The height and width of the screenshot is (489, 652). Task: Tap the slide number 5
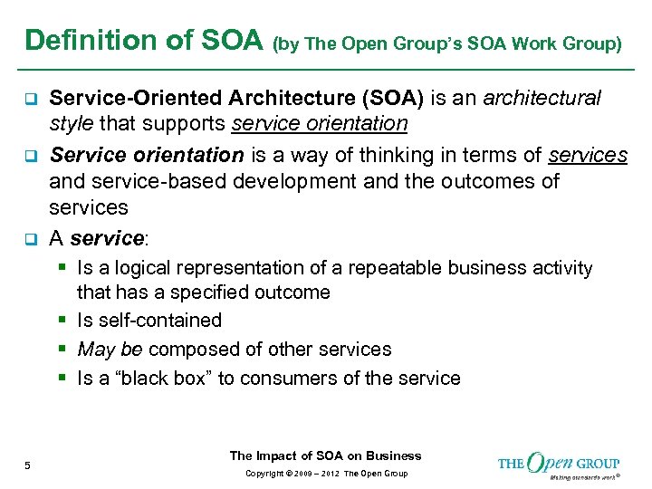[28, 465]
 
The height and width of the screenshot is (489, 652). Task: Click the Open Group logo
[559, 464]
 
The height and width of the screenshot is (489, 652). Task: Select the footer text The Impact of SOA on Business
[325, 455]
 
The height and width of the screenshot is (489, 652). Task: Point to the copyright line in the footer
[325, 474]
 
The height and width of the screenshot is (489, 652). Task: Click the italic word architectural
[542, 98]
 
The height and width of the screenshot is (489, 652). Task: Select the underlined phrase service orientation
[320, 123]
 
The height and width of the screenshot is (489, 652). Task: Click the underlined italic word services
[588, 155]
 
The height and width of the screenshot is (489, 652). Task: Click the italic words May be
[110, 350]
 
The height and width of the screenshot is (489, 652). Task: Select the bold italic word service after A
[107, 239]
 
